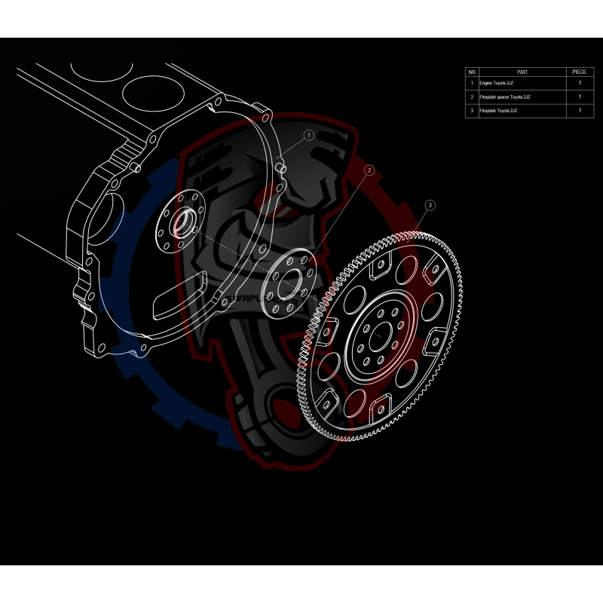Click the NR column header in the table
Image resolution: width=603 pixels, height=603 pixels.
point(472,72)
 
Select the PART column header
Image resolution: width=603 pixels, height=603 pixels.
point(522,72)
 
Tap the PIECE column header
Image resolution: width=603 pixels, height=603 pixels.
point(579,72)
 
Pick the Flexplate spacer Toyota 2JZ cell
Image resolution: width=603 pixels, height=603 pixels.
point(522,96)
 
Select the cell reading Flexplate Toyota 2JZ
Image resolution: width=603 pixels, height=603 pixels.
point(522,111)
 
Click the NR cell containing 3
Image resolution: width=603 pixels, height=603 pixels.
point(472,111)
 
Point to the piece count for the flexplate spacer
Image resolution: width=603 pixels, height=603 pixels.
point(579,96)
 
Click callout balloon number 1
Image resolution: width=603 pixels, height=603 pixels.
point(308,135)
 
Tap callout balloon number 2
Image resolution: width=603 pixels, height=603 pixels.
point(369,171)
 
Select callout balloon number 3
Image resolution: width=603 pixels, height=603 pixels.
point(430,204)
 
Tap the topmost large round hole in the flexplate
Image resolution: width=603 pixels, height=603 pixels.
point(409,268)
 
